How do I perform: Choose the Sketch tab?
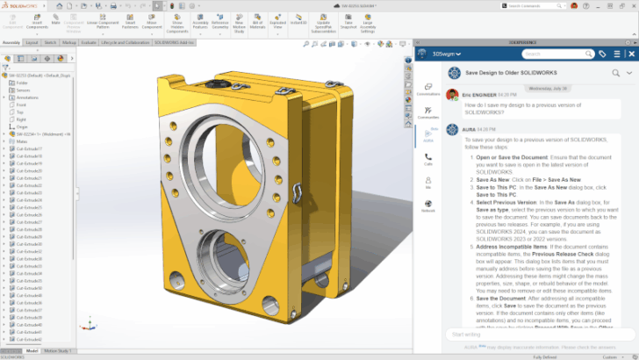coord(51,41)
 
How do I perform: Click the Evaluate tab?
coord(89,41)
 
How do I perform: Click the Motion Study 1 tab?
coord(58,350)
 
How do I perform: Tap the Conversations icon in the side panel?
coord(428,89)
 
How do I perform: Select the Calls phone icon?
coord(428,158)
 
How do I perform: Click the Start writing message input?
coord(527,334)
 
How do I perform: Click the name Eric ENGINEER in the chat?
coord(479,92)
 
